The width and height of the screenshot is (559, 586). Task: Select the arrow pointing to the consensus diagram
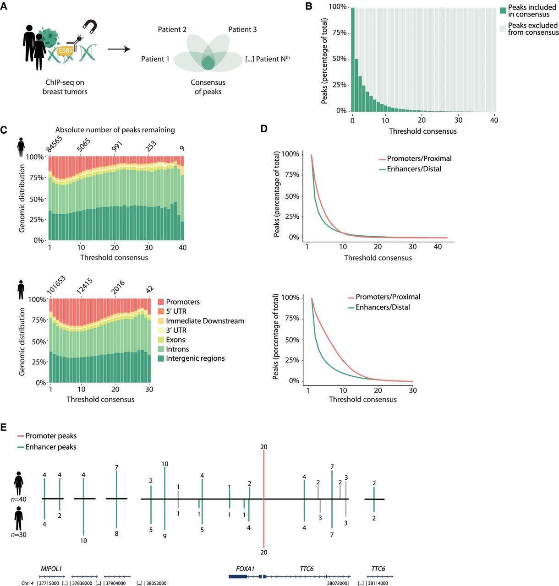tap(119, 49)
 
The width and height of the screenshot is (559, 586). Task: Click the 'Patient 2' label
tap(172, 30)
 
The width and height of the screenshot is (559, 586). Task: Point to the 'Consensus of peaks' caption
tap(208, 87)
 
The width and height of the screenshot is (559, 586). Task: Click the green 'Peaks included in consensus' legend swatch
tap(503, 11)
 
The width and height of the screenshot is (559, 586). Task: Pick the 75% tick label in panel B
tap(339, 33)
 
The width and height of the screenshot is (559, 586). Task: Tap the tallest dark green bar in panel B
tap(353, 60)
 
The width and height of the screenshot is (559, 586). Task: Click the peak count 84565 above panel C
tap(54, 144)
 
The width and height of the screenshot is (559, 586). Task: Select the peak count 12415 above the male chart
tap(85, 286)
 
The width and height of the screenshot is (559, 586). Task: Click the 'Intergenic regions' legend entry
tap(195, 358)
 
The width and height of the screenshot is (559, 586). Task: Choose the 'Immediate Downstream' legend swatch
tap(161, 321)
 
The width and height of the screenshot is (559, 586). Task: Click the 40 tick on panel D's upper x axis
tap(438, 247)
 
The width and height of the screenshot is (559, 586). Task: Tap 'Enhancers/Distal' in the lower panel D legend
tap(383, 308)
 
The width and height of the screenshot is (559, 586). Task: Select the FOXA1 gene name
tap(245, 569)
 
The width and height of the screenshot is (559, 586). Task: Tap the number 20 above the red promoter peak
tap(263, 447)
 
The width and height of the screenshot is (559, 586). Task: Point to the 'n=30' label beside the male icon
tap(19, 535)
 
